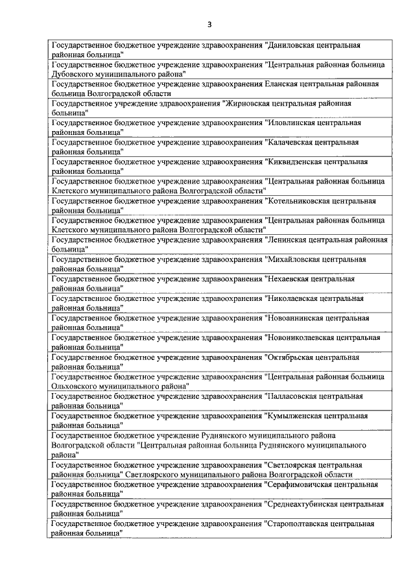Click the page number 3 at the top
click(209, 25)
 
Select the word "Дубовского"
click(72, 74)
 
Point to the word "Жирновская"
click(246, 104)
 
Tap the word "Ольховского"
click(74, 386)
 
